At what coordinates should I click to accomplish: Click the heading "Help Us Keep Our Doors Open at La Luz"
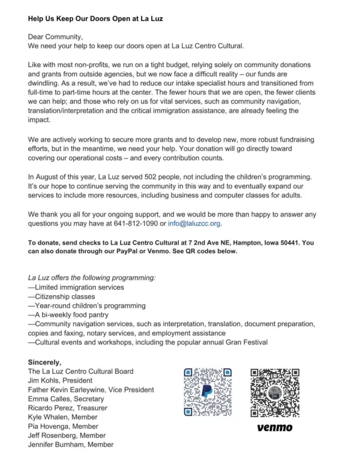(x=95, y=19)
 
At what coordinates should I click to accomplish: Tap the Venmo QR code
(x=275, y=392)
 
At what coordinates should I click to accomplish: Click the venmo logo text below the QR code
(x=275, y=428)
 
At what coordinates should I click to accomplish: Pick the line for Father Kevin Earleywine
(x=91, y=389)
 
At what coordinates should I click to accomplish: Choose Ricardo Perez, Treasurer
(x=68, y=408)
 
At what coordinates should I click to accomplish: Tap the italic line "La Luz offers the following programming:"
(x=92, y=278)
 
